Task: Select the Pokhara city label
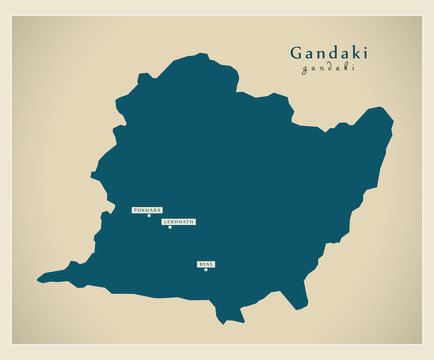pyautogui.click(x=146, y=210)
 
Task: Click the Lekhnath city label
pyautogui.click(x=178, y=221)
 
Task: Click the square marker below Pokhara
pyautogui.click(x=149, y=216)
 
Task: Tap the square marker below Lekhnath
pyautogui.click(x=169, y=227)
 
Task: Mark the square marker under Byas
pyautogui.click(x=206, y=269)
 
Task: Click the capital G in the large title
pyautogui.click(x=297, y=52)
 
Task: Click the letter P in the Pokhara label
pyautogui.click(x=135, y=210)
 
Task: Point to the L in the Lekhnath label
pyautogui.click(x=164, y=221)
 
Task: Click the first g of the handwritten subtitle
pyautogui.click(x=305, y=70)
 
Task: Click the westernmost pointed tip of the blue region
pyautogui.click(x=38, y=280)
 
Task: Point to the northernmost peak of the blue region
pyautogui.click(x=206, y=54)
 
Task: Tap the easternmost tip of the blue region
pyautogui.click(x=393, y=124)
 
